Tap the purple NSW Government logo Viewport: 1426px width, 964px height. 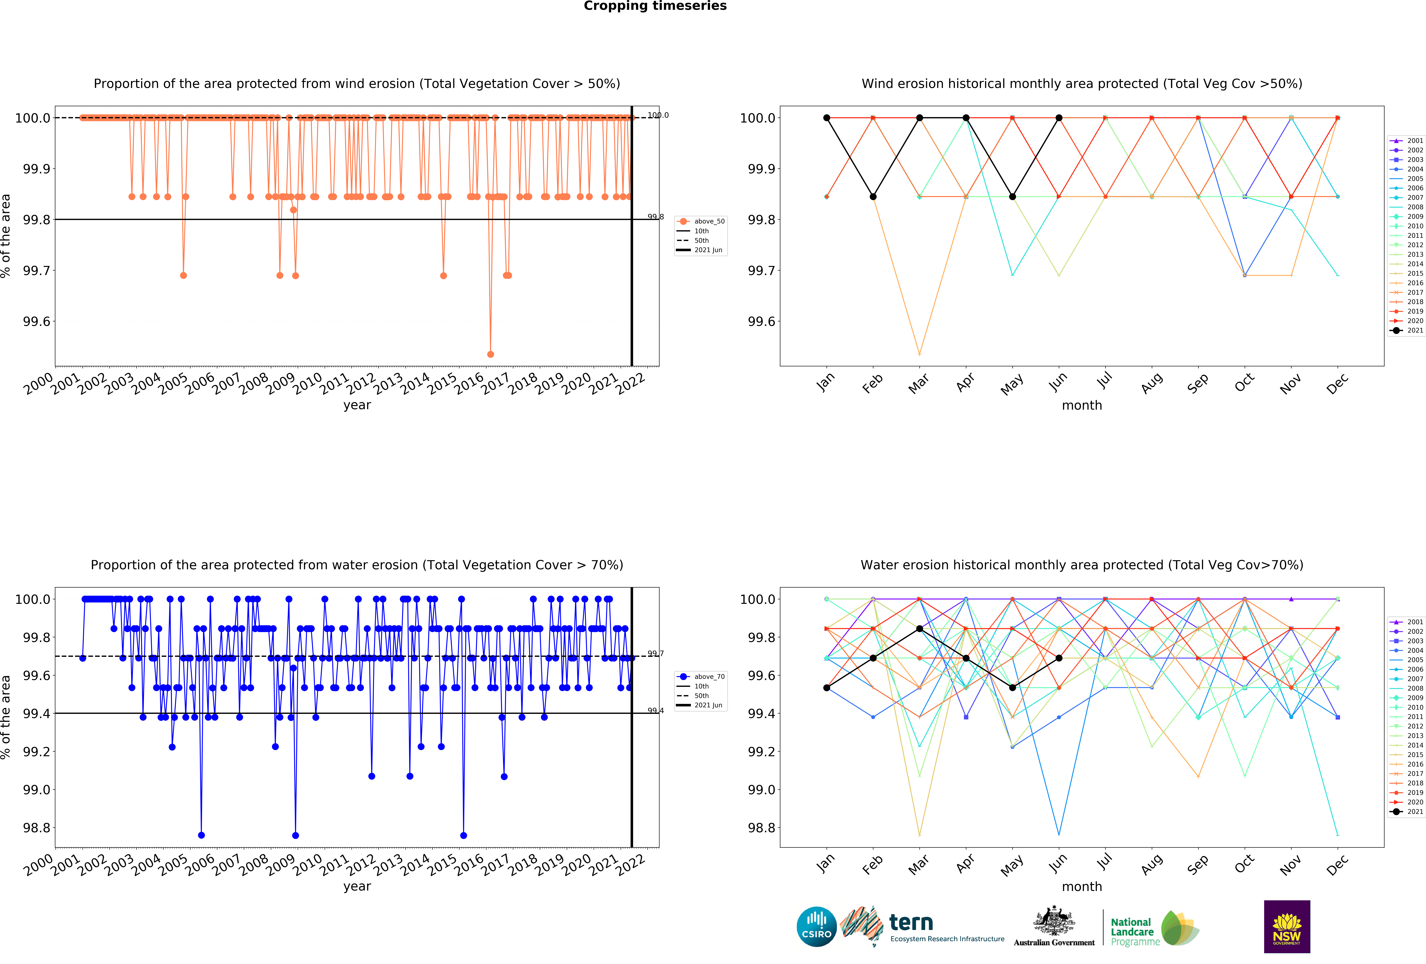pos(1287,927)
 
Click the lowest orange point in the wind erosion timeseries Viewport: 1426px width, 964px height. pos(490,354)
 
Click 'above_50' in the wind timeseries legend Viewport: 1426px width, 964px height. pos(709,221)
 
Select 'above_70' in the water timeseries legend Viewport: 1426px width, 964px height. pos(709,677)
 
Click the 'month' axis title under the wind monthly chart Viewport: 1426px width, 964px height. pos(1082,406)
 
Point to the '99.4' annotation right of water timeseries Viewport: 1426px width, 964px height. pos(655,711)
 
